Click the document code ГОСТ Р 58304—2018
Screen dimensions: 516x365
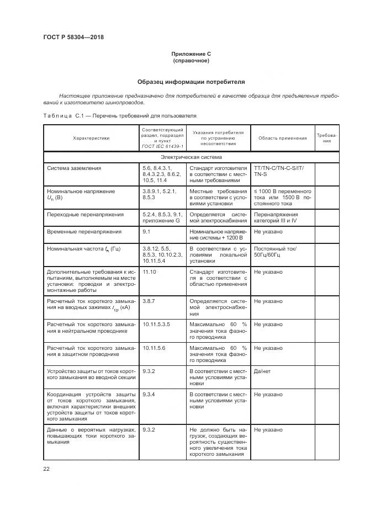[73, 38]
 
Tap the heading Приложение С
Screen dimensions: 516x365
[191, 54]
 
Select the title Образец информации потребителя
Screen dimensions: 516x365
[191, 82]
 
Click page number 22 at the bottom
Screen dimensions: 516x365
[46, 469]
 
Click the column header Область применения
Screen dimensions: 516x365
[282, 138]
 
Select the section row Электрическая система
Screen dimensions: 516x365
[191, 157]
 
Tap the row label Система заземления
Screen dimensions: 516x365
[74, 168]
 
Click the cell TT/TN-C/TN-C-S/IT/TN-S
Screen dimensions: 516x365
[282, 171]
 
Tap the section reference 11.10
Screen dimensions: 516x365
[149, 272]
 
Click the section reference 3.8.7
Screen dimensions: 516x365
[148, 301]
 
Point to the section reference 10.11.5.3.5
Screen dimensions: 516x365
[156, 324]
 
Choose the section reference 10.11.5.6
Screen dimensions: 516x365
[154, 348]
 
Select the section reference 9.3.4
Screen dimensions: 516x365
[148, 395]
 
